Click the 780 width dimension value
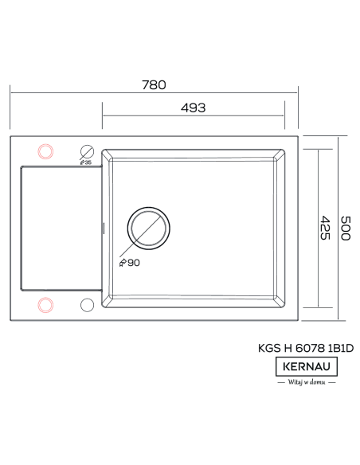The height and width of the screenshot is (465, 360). click(154, 85)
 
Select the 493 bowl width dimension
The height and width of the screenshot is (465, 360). click(193, 107)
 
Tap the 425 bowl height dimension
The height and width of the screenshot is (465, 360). click(325, 228)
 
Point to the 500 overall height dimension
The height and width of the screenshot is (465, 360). click(346, 228)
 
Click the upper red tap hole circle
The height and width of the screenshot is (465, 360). click(45, 144)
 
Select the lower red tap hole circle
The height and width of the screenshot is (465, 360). click(45, 298)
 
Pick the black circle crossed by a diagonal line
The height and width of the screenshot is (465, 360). click(87, 145)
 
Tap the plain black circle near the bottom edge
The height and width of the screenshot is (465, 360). click(87, 299)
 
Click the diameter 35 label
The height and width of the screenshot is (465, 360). click(86, 162)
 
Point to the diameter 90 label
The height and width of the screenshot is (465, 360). click(129, 263)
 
